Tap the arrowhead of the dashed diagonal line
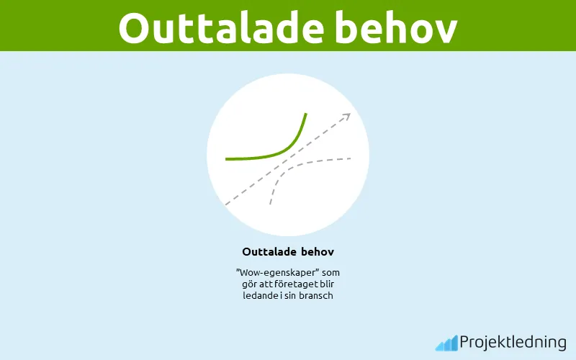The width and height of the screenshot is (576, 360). (348, 115)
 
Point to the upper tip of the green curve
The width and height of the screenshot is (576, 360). (306, 114)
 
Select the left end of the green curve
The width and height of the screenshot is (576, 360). (226, 158)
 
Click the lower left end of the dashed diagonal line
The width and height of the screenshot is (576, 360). (226, 204)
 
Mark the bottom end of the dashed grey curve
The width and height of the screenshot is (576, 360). (270, 204)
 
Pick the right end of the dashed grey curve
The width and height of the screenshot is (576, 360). (351, 158)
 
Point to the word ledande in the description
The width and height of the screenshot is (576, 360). (260, 295)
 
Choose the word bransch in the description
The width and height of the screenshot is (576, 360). (315, 295)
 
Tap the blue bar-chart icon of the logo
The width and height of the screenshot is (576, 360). (446, 343)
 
